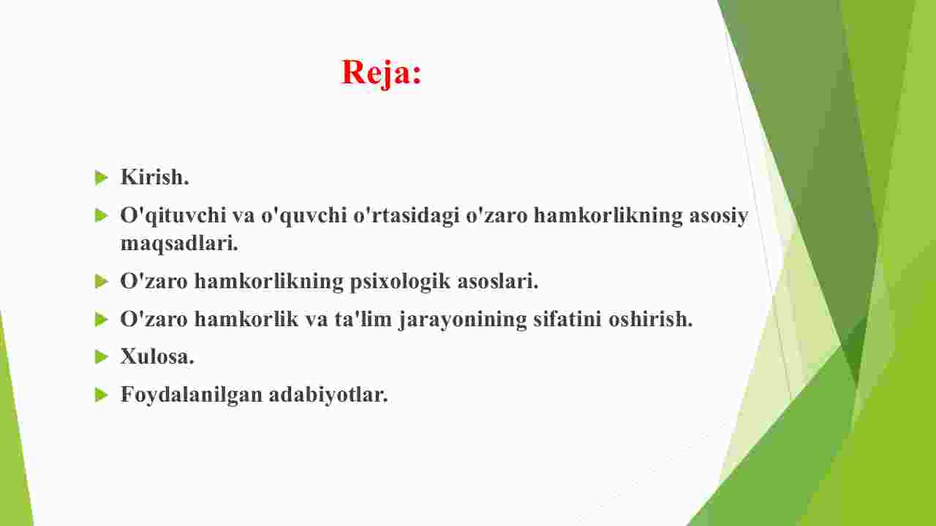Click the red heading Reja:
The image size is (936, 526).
(x=381, y=73)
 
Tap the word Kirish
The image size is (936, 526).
(x=154, y=177)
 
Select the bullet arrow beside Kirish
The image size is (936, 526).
(x=102, y=178)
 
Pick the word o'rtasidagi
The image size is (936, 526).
(x=406, y=216)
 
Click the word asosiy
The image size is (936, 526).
(x=718, y=216)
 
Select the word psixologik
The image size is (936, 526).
(x=400, y=282)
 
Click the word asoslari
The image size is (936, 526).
(x=498, y=281)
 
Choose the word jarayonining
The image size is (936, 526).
(x=463, y=320)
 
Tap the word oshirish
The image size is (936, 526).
(x=651, y=319)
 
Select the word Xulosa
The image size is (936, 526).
(x=157, y=357)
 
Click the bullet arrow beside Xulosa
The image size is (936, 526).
(x=102, y=358)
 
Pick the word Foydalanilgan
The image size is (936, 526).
(x=192, y=395)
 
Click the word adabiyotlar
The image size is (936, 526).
(x=328, y=395)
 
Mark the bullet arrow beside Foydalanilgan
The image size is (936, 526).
(x=102, y=395)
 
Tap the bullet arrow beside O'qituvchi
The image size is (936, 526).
(x=102, y=216)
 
